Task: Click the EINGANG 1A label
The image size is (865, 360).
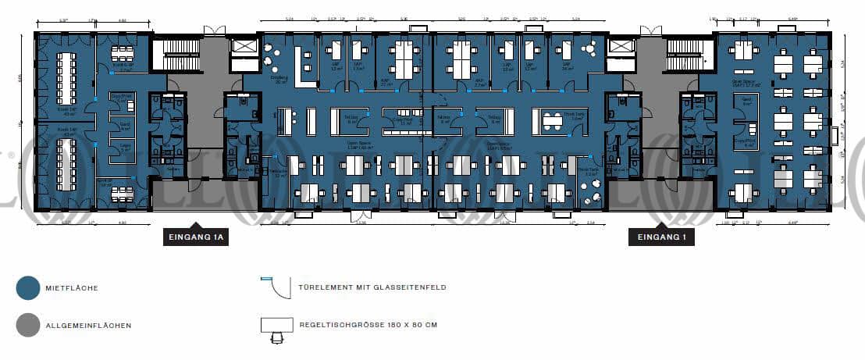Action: (195, 238)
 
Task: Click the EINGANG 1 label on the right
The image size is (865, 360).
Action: (661, 238)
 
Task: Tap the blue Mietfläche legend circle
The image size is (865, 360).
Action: (27, 288)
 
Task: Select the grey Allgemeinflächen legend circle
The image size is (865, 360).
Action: (27, 325)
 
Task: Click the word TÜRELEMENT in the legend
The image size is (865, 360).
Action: (322, 288)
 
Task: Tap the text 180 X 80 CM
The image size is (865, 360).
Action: (403, 324)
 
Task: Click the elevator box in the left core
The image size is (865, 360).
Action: (243, 48)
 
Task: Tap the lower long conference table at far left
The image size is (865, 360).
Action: (65, 165)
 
